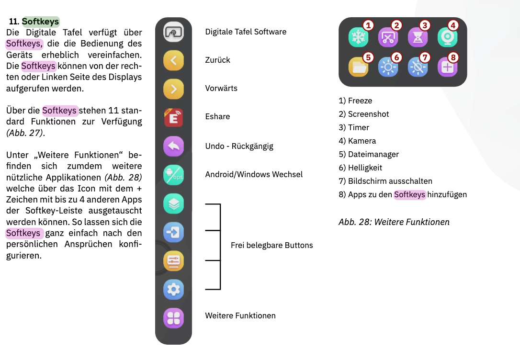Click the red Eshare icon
tap(173, 117)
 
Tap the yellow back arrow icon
tap(173, 60)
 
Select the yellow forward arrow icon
tap(173, 89)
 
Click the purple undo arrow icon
tap(173, 146)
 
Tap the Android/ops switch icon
tap(173, 175)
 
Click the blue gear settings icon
tap(173, 290)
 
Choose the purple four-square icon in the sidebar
tap(173, 318)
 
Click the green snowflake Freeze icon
tap(358, 37)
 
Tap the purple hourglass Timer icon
tap(418, 37)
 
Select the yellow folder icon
tap(358, 67)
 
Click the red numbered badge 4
tap(452, 25)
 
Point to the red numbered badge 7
tap(425, 57)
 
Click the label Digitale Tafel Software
tap(246, 32)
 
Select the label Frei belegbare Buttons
tap(271, 245)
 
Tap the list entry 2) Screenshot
tap(363, 114)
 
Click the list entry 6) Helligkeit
tap(360, 168)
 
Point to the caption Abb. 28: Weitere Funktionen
tap(394, 222)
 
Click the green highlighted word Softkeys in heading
tap(40, 22)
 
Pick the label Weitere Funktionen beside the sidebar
tap(240, 315)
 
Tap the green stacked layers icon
tap(173, 203)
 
